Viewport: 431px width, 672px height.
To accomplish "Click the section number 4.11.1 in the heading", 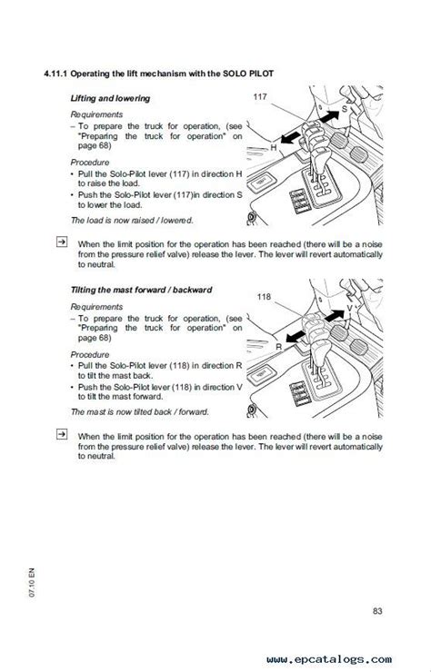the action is (55, 74).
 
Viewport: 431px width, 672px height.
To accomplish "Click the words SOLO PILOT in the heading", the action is (248, 74).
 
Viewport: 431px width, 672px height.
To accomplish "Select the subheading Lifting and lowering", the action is (110, 98).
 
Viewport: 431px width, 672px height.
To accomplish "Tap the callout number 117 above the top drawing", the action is (260, 96).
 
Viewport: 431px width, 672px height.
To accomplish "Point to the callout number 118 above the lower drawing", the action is (264, 296).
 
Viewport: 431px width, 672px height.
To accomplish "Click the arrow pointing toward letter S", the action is (330, 116).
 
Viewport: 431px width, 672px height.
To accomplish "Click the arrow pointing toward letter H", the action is (291, 138).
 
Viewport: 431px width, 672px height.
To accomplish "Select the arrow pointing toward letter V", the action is (335, 316).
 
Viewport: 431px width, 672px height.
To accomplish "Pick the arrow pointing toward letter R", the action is (296, 337).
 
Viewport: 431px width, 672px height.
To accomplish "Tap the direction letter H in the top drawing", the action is (274, 148).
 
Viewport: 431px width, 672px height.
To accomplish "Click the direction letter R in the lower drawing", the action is (279, 347).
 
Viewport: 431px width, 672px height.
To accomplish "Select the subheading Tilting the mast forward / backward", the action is (141, 290).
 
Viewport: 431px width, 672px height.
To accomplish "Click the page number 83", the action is (377, 611).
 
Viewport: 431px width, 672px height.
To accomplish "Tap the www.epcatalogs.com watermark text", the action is (329, 659).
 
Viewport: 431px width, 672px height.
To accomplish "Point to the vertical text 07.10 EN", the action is (32, 582).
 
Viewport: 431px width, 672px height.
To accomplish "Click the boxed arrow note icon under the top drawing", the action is (62, 242).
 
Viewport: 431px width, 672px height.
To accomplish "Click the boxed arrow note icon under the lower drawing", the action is (62, 434).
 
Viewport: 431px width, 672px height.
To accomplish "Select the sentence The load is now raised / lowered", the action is (132, 221).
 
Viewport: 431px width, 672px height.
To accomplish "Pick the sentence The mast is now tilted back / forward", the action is (139, 412).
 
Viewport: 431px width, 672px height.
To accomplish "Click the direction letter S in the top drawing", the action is (344, 109).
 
